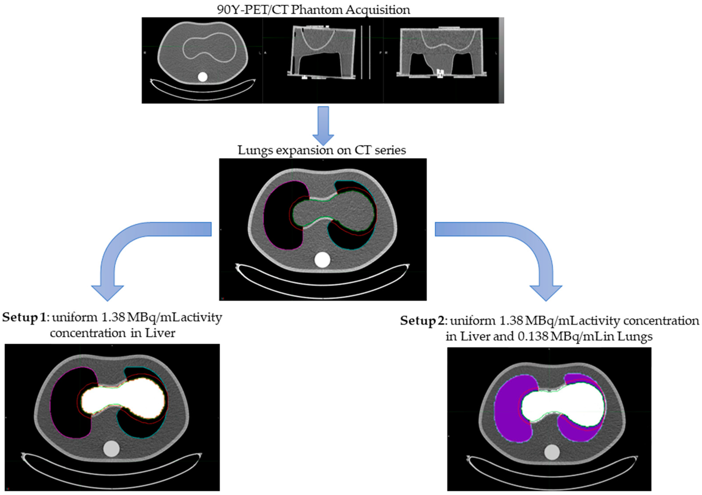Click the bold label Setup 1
click(x=24, y=317)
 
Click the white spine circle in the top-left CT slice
click(x=202, y=77)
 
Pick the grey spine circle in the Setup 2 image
click(x=552, y=452)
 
